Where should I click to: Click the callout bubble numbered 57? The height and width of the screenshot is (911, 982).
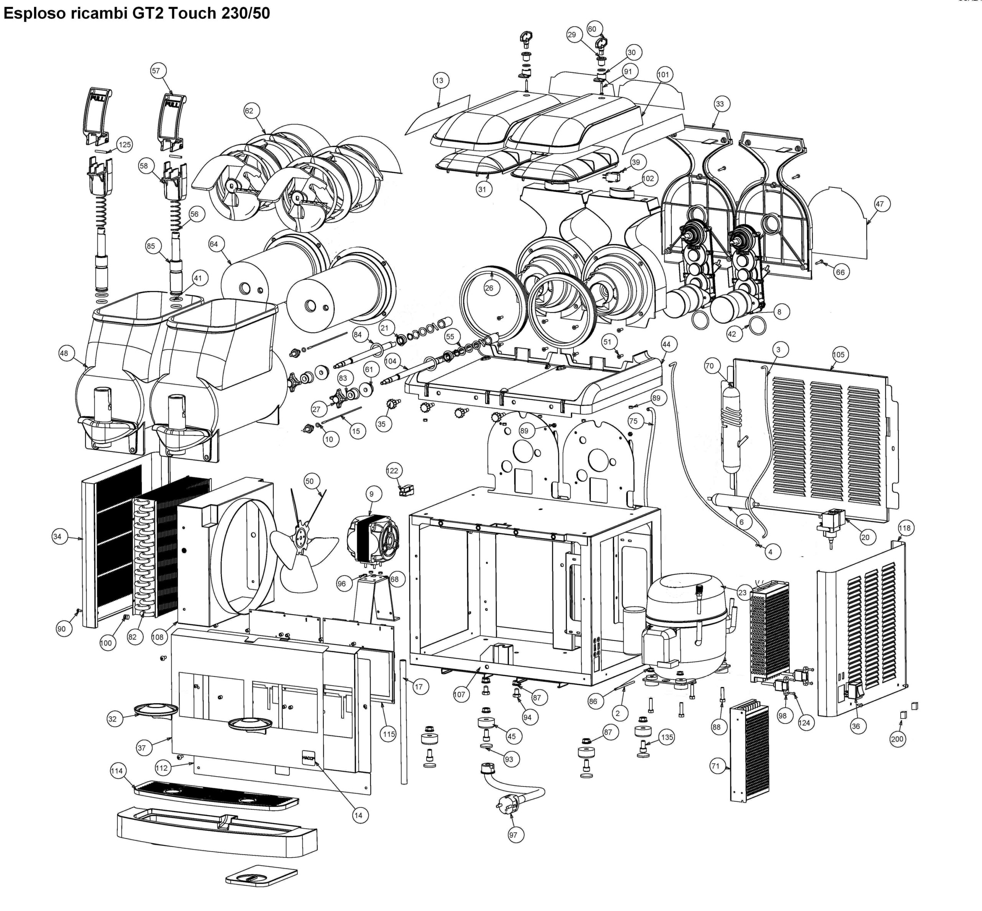click(156, 71)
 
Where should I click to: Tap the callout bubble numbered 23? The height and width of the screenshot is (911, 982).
click(742, 592)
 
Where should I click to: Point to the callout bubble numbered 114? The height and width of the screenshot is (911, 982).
click(117, 771)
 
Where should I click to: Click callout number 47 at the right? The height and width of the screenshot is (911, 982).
click(880, 204)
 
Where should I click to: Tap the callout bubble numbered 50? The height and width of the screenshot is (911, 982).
click(309, 481)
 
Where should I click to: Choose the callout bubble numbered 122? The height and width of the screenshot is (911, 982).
click(392, 471)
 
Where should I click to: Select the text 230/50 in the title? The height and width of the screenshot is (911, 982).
click(245, 13)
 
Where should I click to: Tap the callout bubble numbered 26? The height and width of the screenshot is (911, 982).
click(489, 288)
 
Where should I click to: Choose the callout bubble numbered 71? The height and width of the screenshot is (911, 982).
click(715, 766)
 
